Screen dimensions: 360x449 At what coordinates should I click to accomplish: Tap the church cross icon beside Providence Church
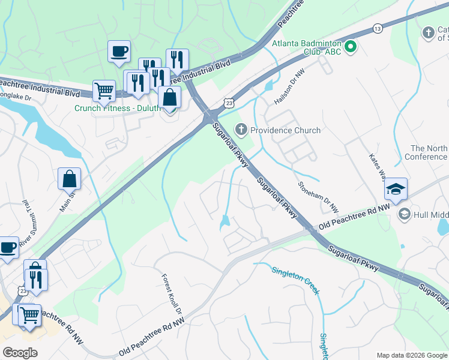click(x=241, y=129)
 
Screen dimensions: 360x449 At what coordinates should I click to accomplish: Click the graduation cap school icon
click(x=396, y=190)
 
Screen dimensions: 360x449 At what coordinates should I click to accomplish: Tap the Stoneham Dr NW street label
click(x=319, y=191)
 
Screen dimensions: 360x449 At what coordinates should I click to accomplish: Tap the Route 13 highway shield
click(x=377, y=28)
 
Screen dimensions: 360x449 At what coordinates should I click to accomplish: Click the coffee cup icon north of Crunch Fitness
click(x=119, y=51)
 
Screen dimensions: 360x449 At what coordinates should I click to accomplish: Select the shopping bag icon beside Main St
click(x=69, y=178)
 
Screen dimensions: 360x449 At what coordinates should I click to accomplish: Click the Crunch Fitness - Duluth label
click(x=118, y=108)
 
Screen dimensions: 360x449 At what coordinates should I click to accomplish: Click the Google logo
click(x=20, y=353)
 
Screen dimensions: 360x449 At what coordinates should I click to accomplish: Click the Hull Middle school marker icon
click(x=404, y=214)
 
